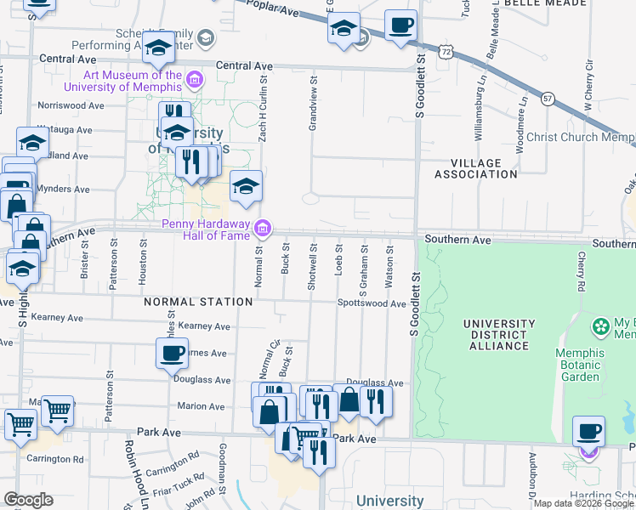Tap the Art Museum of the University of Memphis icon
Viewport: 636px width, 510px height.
coord(196,81)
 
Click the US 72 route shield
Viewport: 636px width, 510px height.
coord(446,51)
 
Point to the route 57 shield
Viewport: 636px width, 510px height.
coord(549,98)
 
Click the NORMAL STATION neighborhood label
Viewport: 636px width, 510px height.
coord(197,302)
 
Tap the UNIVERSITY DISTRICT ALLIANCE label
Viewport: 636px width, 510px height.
coord(499,335)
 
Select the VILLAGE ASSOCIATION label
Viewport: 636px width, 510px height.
coord(475,168)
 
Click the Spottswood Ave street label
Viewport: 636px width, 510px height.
coord(372,303)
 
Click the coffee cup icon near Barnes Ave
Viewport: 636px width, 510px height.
coord(172,353)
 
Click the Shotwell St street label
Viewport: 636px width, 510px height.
coord(313,271)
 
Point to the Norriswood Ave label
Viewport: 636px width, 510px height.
coord(71,107)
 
